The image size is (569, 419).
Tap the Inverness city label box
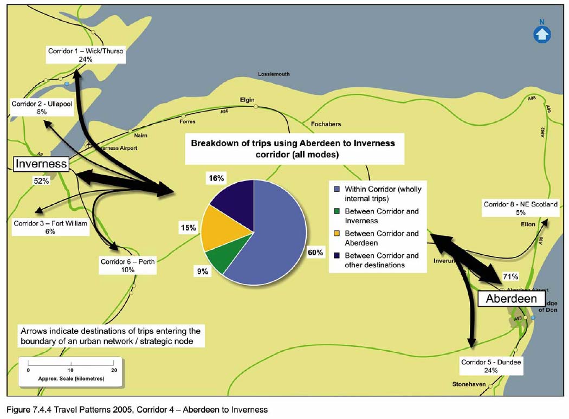41,164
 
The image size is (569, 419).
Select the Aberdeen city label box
511,299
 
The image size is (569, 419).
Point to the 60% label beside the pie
315,253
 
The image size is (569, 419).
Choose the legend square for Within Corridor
337,190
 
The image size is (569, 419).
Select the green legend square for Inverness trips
337,211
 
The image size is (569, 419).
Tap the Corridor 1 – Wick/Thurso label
86,55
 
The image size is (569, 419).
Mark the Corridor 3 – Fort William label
50,227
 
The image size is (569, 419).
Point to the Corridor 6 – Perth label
128,266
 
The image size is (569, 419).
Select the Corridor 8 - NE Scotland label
520,209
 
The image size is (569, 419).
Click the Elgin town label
247,100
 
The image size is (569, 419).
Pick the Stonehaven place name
470,384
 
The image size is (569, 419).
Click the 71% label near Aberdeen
512,276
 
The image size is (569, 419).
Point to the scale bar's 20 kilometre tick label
114,370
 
